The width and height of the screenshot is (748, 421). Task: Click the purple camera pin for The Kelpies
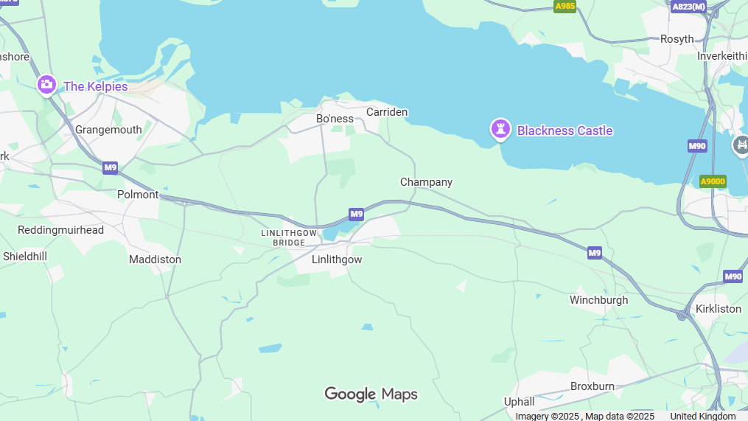pyautogui.click(x=46, y=85)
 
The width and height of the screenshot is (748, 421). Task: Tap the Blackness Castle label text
pyautogui.click(x=565, y=131)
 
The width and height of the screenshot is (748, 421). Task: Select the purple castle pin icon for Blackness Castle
pyautogui.click(x=501, y=130)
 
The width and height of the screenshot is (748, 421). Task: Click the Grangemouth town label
pyautogui.click(x=108, y=130)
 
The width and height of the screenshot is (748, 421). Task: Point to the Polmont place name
pyautogui.click(x=138, y=195)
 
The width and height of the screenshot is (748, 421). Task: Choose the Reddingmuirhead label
pyautogui.click(x=60, y=230)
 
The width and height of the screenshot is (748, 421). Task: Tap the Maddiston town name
pyautogui.click(x=155, y=260)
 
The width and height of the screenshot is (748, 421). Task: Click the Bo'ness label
pyautogui.click(x=335, y=119)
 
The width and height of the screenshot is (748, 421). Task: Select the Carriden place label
pyautogui.click(x=387, y=112)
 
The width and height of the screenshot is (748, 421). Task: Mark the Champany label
pyautogui.click(x=426, y=182)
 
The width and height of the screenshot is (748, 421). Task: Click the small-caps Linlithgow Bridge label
pyautogui.click(x=289, y=237)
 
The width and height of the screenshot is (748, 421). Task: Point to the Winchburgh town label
pyautogui.click(x=598, y=300)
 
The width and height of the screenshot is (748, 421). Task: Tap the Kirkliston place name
pyautogui.click(x=718, y=309)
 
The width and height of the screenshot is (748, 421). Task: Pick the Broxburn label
pyautogui.click(x=593, y=386)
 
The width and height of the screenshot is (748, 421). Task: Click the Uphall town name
pyautogui.click(x=519, y=402)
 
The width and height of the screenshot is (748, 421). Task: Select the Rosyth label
pyautogui.click(x=677, y=39)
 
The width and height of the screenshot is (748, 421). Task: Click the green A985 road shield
pyautogui.click(x=565, y=7)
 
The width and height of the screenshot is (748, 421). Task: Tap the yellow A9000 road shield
pyautogui.click(x=713, y=181)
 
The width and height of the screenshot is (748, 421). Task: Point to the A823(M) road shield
pyautogui.click(x=688, y=7)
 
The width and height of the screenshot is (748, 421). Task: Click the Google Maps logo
pyautogui.click(x=371, y=394)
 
